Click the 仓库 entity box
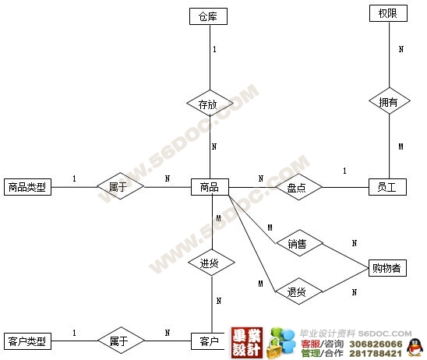[208, 16]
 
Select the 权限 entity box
[388, 13]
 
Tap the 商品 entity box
[210, 187]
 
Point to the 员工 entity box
[387, 187]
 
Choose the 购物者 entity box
[387, 268]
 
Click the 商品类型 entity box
[27, 187]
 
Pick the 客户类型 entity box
[27, 341]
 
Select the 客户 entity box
[208, 341]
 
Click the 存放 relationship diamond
[210, 103]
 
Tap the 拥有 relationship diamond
[390, 101]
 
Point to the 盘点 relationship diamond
[298, 187]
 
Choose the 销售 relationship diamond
[299, 243]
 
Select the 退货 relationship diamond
[299, 291]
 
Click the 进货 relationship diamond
[212, 263]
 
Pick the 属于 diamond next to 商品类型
[120, 186]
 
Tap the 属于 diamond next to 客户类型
[121, 341]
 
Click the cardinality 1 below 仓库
[214, 49]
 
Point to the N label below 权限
[401, 49]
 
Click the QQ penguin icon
[415, 348]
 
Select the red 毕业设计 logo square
[247, 343]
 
